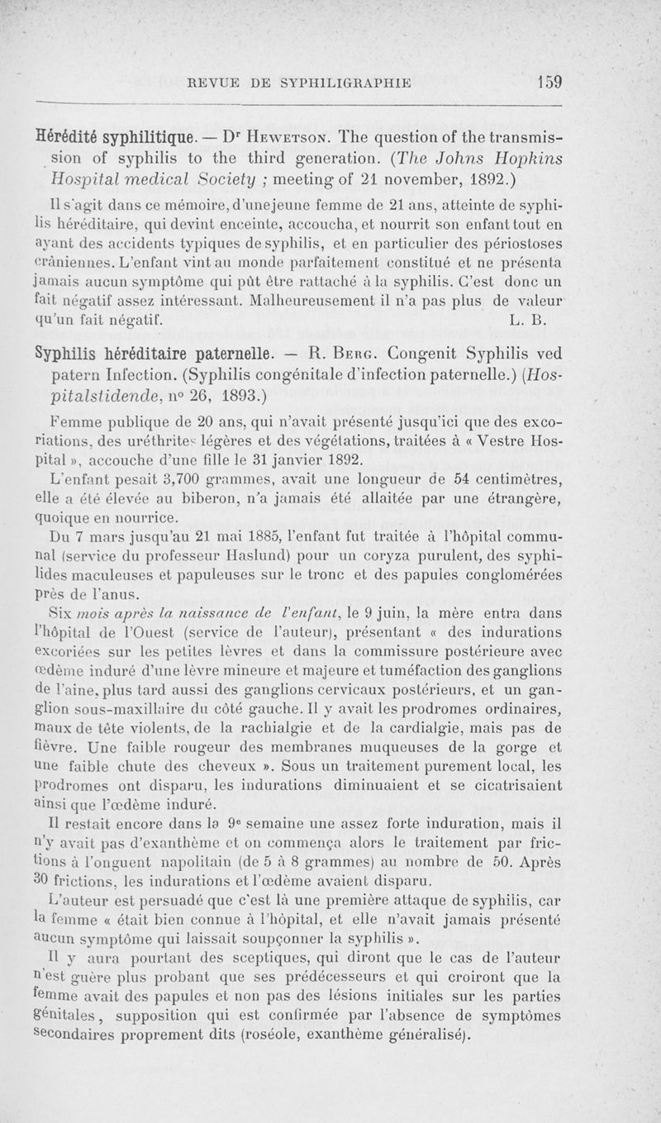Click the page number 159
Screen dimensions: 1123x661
549,81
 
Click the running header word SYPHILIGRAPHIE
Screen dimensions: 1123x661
347,82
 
